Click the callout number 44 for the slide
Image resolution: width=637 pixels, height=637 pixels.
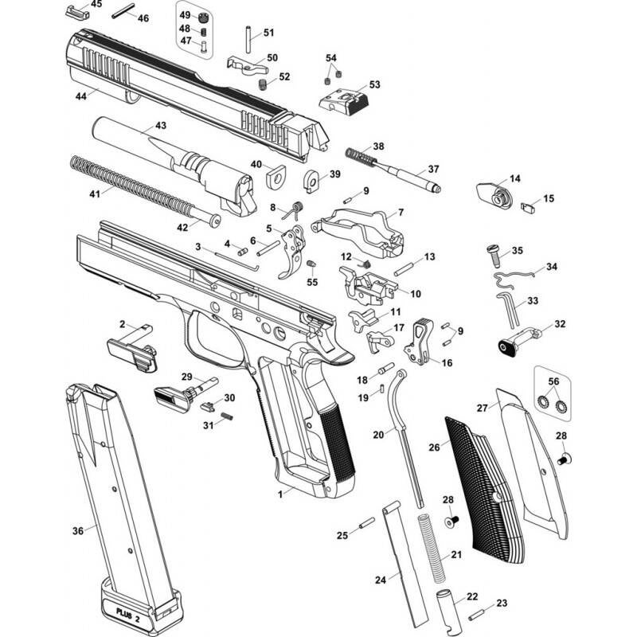click(x=81, y=96)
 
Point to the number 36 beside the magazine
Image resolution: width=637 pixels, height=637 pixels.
click(x=78, y=530)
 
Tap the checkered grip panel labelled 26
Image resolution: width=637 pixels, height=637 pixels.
click(x=483, y=490)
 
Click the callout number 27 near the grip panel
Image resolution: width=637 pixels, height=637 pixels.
click(x=483, y=408)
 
